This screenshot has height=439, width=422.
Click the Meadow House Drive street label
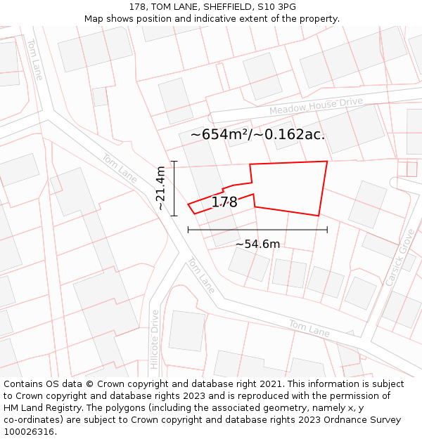[316, 107]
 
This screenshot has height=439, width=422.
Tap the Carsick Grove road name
[400, 257]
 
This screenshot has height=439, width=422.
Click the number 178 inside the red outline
[224, 202]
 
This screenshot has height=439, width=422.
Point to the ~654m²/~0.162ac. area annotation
[257, 134]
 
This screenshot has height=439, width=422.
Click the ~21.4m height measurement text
[161, 188]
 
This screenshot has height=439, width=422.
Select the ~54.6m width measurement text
[257, 244]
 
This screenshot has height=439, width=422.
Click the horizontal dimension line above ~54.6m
[257, 229]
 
